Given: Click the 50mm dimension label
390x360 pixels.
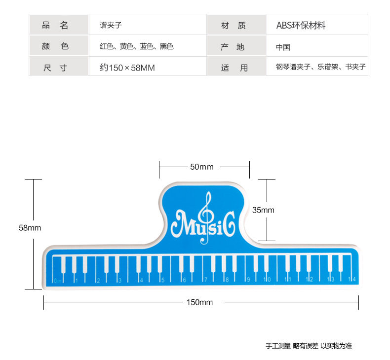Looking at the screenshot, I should [202, 167].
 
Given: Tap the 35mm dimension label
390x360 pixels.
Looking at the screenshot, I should [263, 210].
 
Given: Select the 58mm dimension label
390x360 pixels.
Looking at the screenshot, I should [30, 228].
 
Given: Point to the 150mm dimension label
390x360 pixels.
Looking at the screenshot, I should [199, 302].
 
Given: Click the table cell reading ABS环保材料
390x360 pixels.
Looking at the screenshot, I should [301, 26].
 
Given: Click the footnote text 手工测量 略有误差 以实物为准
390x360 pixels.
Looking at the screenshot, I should [309, 346].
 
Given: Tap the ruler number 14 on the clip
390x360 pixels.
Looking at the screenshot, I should [352, 280].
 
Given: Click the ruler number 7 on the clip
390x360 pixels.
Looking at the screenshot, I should [205, 280].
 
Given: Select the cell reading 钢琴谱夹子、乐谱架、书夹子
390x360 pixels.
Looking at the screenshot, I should [320, 67].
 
